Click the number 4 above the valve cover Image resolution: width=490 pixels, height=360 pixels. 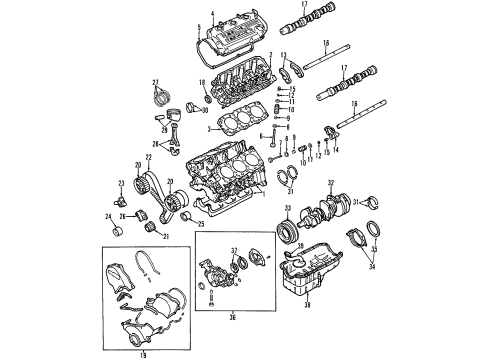(213, 13)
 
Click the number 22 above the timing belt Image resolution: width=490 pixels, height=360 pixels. (148, 158)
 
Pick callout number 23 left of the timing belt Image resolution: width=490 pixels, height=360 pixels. (119, 182)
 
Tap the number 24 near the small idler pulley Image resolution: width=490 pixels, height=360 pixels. (109, 216)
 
